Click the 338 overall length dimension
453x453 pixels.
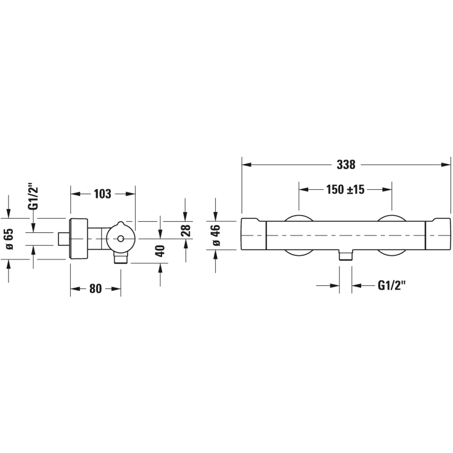346,165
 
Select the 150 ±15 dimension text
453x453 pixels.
345,190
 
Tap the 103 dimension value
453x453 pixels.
102,194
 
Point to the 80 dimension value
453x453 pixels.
96,288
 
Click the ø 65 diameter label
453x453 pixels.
9,239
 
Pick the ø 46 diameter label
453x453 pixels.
216,235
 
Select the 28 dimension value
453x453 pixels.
186,231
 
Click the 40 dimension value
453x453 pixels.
160,251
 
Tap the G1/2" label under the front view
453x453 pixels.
392,286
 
